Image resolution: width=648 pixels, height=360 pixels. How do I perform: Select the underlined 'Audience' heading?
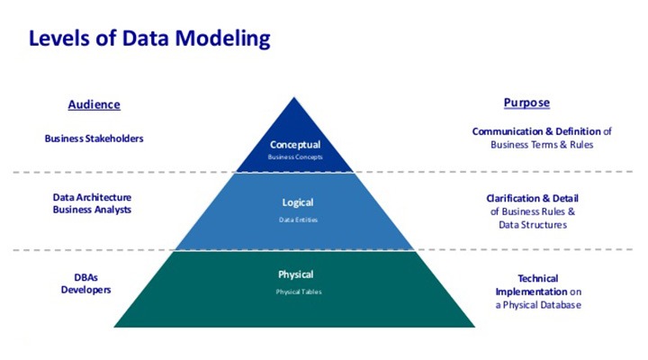click(x=94, y=104)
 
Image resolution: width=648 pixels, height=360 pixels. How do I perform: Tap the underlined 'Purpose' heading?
click(x=526, y=103)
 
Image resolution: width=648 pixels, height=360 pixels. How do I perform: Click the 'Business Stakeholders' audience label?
click(x=94, y=139)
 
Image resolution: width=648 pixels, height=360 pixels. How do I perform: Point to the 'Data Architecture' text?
click(x=93, y=196)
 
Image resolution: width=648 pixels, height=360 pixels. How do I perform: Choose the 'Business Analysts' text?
click(x=93, y=209)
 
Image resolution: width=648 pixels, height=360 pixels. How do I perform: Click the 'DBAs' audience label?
click(x=85, y=277)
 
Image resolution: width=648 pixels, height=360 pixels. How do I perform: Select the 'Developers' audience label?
click(x=85, y=290)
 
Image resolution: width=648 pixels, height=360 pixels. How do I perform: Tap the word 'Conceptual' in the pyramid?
click(x=295, y=144)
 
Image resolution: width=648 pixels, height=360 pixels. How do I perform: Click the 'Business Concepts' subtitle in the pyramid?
click(x=295, y=157)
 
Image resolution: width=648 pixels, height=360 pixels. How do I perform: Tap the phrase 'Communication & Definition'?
click(x=536, y=131)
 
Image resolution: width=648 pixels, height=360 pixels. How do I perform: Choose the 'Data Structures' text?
click(x=533, y=225)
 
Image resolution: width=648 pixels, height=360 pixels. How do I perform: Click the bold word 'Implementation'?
click(x=531, y=292)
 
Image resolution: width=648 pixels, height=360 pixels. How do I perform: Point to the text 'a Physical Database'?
click(x=538, y=305)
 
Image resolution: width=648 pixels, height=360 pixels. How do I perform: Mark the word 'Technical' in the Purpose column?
click(x=538, y=278)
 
